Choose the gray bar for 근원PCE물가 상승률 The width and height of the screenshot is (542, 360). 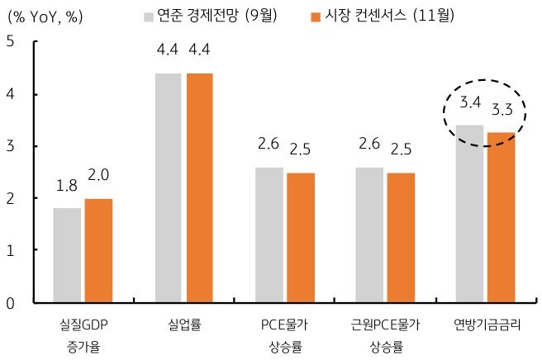point(369,234)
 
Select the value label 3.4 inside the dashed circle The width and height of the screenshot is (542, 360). point(470,104)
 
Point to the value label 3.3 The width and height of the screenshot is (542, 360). point(502,110)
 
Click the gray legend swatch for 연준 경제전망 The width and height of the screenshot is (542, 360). point(147,17)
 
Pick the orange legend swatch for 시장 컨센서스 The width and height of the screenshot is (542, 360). point(314,17)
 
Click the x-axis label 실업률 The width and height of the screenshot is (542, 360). point(183,324)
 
